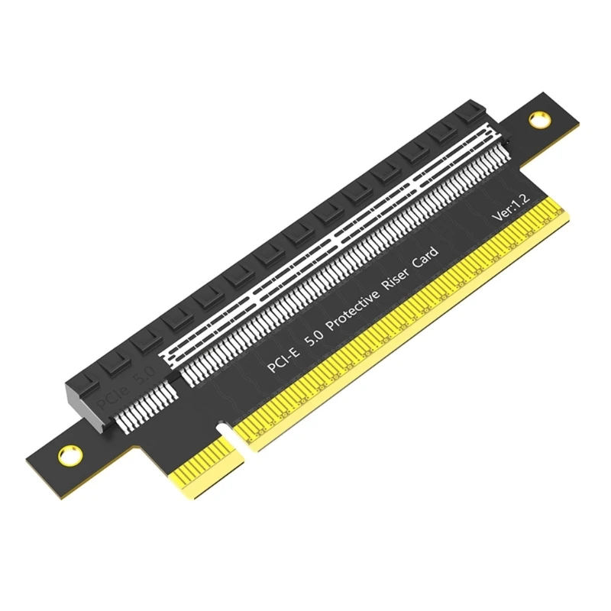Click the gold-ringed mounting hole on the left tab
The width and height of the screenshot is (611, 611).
click(66, 454)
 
